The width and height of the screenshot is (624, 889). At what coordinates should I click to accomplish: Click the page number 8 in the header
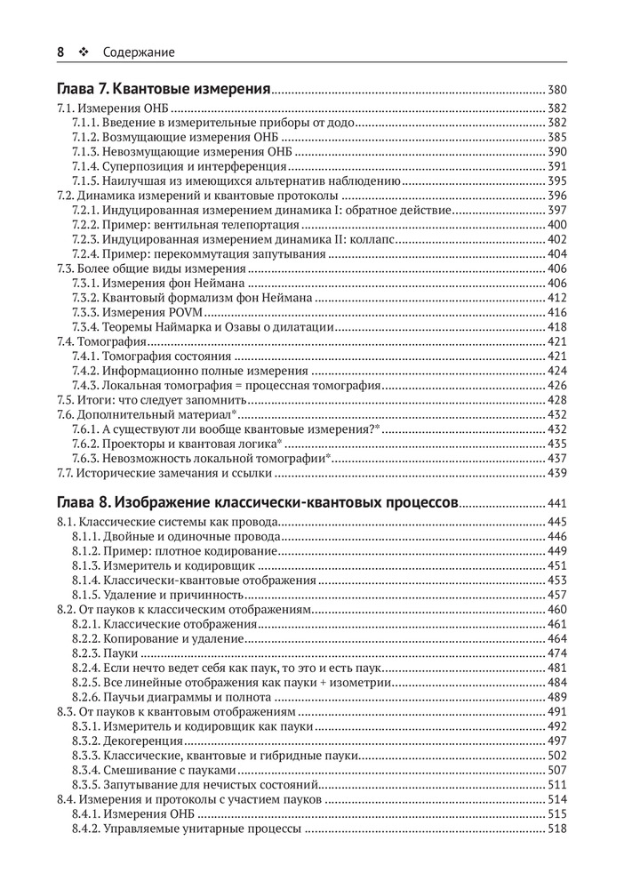[60, 52]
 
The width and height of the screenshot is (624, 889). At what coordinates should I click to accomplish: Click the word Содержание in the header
[139, 52]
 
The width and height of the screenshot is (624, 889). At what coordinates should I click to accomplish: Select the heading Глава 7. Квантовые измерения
[163, 90]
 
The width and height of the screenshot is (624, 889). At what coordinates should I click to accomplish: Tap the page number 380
[556, 91]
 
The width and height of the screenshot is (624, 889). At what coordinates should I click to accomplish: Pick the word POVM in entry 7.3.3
[188, 312]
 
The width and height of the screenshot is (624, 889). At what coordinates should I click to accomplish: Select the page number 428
[556, 399]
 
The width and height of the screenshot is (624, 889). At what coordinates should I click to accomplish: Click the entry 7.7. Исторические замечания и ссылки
[156, 472]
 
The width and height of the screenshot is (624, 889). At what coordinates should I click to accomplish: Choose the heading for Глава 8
[257, 502]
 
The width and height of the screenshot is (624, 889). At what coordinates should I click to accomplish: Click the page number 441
[556, 503]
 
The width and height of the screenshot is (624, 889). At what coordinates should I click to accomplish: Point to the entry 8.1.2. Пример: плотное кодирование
[174, 551]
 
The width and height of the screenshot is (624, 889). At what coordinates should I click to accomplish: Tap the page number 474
[556, 653]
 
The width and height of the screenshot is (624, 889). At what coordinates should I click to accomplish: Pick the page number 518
[556, 829]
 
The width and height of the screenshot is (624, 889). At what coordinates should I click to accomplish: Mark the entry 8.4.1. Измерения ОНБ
[136, 813]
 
